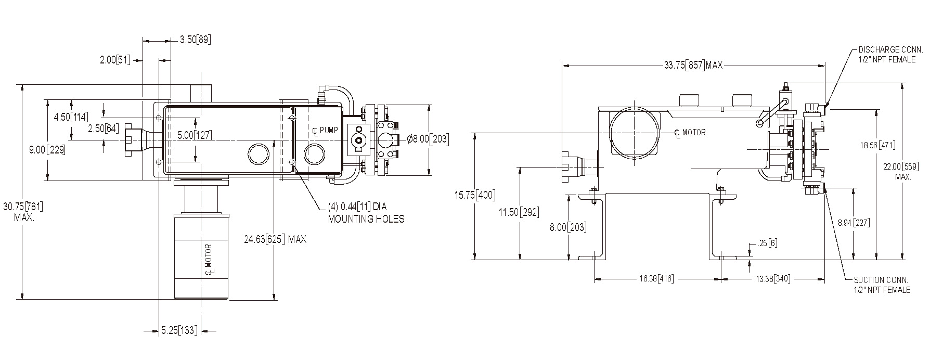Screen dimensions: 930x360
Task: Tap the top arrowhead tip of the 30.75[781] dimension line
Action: coord(22,85)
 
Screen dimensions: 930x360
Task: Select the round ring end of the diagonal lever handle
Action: coord(760,123)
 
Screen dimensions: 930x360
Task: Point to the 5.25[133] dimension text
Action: coord(179,330)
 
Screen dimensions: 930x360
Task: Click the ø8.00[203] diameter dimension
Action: coord(427,139)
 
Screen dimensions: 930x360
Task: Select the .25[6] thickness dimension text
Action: coord(768,243)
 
